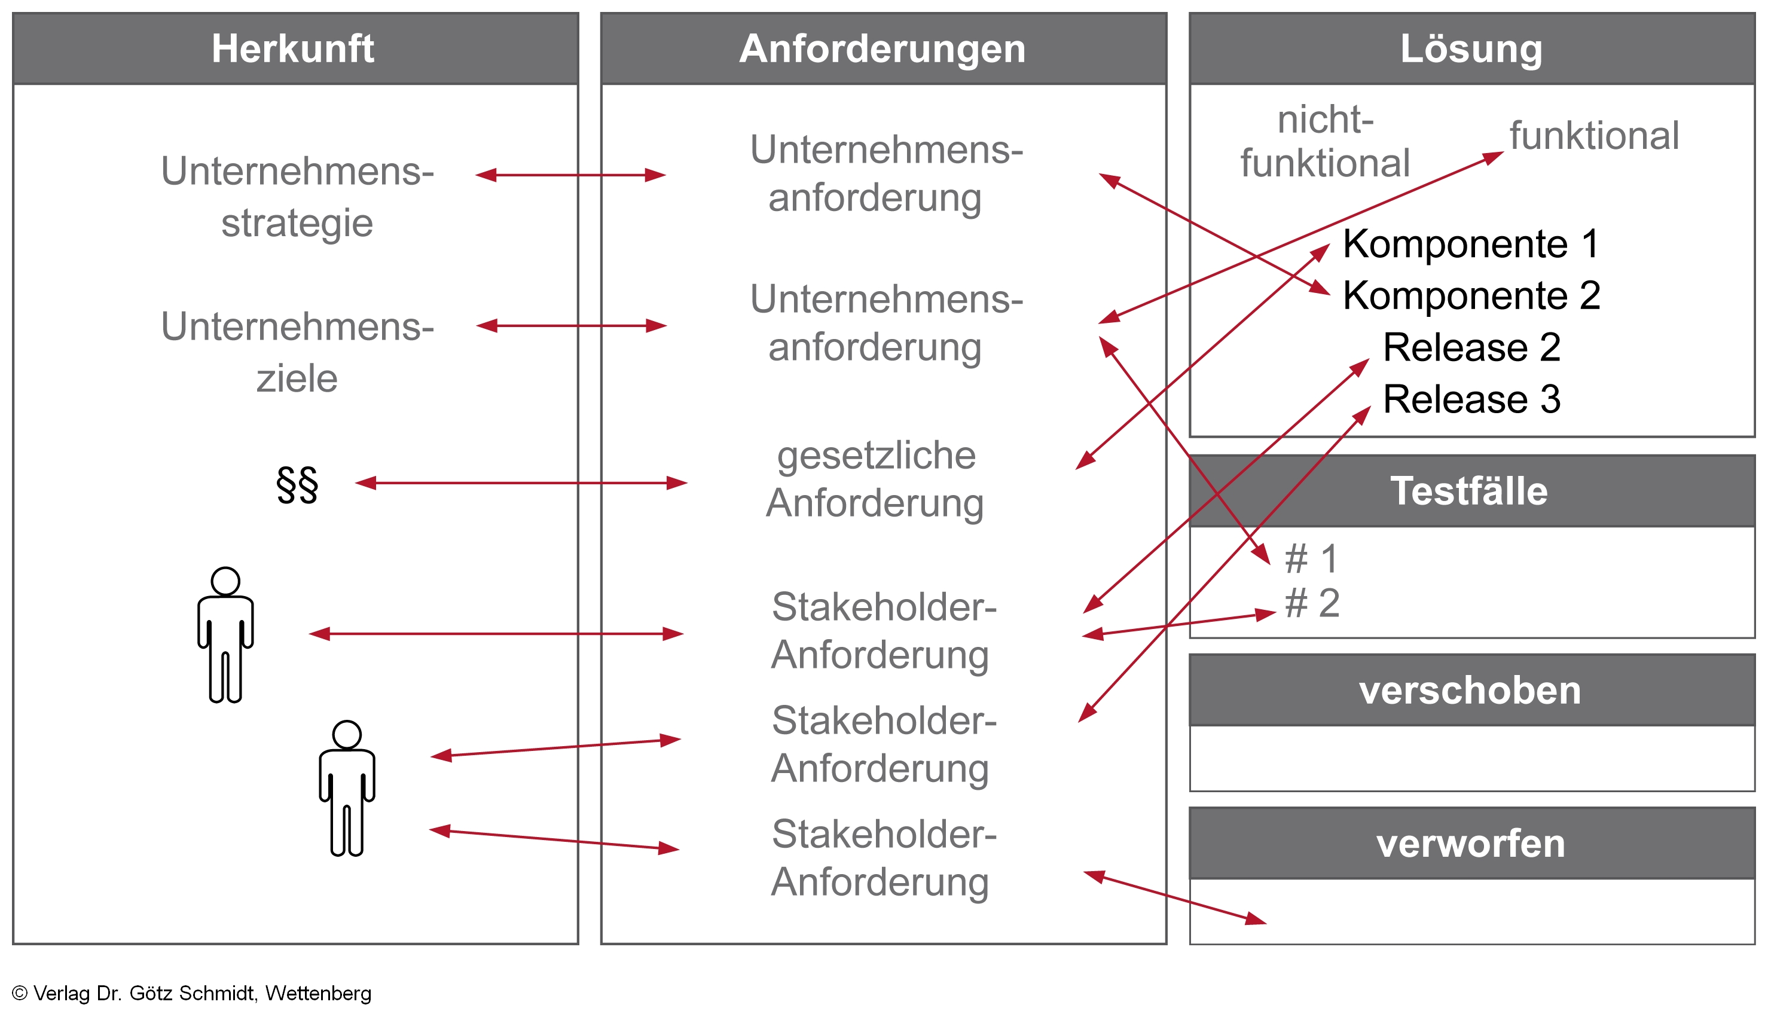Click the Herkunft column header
[x=293, y=49]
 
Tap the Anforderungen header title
[x=883, y=49]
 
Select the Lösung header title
[x=1471, y=49]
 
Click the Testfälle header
[x=1469, y=490]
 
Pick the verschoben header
[x=1470, y=690]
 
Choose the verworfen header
[x=1470, y=843]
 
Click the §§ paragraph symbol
[x=297, y=485]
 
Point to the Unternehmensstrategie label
[x=297, y=197]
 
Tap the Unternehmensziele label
[x=297, y=352]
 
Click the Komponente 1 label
[x=1470, y=244]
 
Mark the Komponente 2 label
[x=1471, y=295]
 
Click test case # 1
[x=1311, y=559]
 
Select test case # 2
[x=1312, y=603]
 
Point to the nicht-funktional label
[x=1324, y=142]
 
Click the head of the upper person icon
[x=225, y=581]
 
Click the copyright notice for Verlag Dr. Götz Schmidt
[x=191, y=993]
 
